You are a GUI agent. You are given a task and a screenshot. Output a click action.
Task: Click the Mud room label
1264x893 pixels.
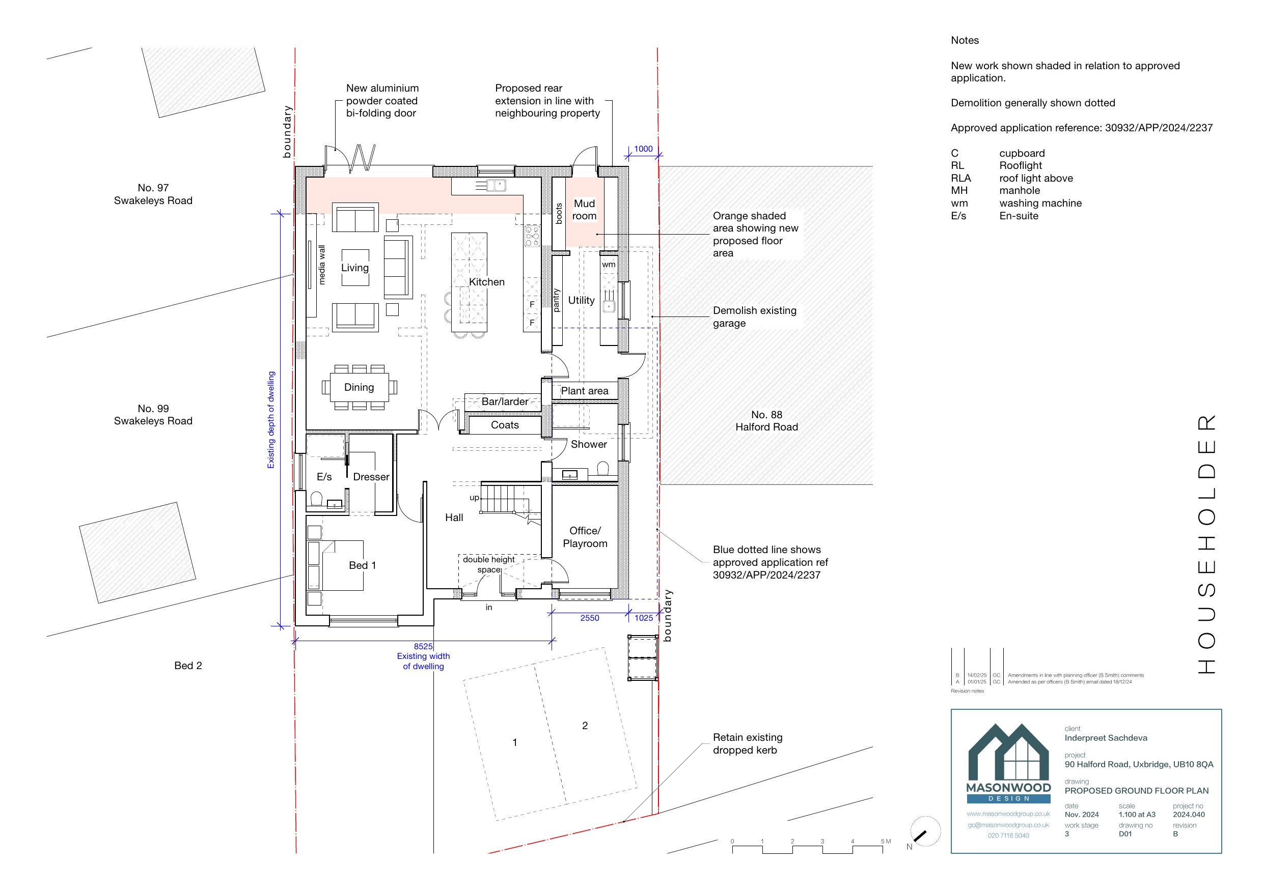pyautogui.click(x=584, y=210)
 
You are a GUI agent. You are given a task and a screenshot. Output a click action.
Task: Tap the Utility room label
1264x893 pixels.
pyautogui.click(x=582, y=300)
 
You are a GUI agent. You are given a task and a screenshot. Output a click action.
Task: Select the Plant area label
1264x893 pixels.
pyautogui.click(x=585, y=391)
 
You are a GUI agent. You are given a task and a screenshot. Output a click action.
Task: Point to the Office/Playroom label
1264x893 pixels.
pyautogui.click(x=585, y=537)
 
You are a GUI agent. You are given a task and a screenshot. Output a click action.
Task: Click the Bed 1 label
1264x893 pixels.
pyautogui.click(x=362, y=566)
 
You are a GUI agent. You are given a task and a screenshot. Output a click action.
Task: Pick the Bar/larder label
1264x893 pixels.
pyautogui.click(x=505, y=401)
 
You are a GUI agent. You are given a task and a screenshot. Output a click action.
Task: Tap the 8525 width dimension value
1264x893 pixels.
pyautogui.click(x=423, y=647)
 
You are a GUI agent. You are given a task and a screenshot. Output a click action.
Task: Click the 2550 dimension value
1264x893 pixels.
pyautogui.click(x=590, y=618)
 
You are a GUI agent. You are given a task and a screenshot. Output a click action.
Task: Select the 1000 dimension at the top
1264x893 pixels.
pyautogui.click(x=643, y=149)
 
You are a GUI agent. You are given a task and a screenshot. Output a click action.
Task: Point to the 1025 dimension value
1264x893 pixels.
pyautogui.click(x=644, y=618)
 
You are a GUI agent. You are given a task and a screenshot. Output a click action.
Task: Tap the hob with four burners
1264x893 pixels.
pyautogui.click(x=532, y=236)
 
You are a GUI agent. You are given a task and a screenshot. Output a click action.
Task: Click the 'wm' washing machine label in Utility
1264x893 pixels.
pyautogui.click(x=609, y=265)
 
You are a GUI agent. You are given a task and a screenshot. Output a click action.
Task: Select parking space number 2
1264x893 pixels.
pyautogui.click(x=585, y=726)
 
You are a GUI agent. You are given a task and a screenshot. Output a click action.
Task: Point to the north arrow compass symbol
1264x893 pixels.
pyautogui.click(x=925, y=831)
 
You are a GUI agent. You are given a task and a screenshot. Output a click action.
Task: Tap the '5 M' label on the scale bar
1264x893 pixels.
pyautogui.click(x=886, y=841)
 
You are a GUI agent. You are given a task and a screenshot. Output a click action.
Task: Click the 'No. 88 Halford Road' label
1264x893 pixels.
pyautogui.click(x=766, y=421)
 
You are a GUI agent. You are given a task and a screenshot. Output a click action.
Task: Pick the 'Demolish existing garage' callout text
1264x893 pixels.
pyautogui.click(x=754, y=317)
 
